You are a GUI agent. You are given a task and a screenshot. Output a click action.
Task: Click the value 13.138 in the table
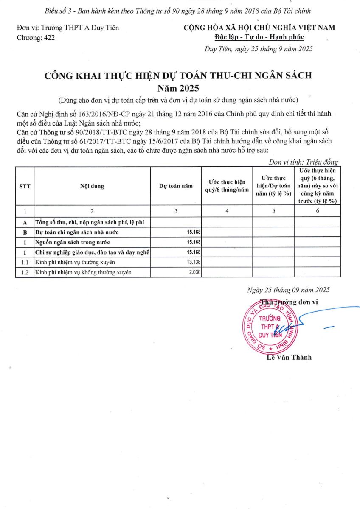(193, 263)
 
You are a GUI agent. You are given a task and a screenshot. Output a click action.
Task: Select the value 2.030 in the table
(194, 272)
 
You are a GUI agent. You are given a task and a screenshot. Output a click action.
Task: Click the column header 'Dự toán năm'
(176, 186)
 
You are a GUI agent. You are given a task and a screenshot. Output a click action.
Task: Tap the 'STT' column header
(25, 186)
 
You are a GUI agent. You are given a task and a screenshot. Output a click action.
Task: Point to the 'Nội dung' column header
(92, 186)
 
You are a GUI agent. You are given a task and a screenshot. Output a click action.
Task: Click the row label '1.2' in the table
(25, 272)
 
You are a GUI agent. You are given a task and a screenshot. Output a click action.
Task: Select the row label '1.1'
(25, 263)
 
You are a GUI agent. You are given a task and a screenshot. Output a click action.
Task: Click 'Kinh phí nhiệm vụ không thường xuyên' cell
(83, 272)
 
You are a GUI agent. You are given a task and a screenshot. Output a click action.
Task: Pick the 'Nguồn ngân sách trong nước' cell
(72, 242)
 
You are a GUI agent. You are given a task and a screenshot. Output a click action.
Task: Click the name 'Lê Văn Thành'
(289, 357)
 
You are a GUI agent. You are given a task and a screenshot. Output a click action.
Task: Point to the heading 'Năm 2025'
(178, 89)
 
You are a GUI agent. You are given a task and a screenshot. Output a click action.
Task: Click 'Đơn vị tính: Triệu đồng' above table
(304, 162)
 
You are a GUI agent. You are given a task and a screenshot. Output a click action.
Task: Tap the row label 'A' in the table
(25, 222)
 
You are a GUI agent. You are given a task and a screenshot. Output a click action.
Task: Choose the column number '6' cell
(317, 211)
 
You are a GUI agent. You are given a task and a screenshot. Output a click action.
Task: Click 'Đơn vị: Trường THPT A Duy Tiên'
(68, 28)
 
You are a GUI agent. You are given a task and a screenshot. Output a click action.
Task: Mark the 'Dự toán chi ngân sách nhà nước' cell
(77, 232)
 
